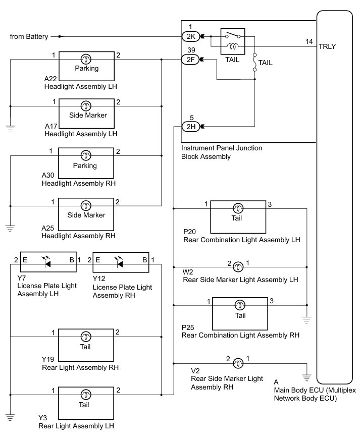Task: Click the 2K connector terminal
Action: click(190, 36)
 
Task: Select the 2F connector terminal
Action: click(190, 60)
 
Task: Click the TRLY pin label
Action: click(327, 46)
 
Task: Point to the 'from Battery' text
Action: click(29, 36)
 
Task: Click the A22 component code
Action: click(50, 79)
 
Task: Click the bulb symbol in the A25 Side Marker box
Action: click(86, 205)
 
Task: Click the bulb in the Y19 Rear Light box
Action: click(86, 336)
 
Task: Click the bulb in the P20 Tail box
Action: click(237, 208)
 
